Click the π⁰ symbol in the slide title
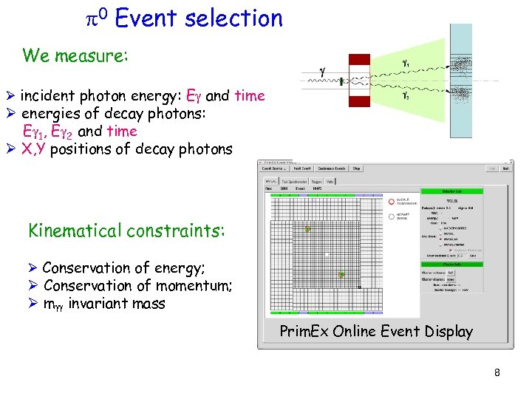[x=98, y=18]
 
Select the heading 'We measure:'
[x=75, y=55]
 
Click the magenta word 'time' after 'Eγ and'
[x=249, y=96]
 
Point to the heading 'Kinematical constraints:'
[x=124, y=231]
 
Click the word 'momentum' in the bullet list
[x=194, y=285]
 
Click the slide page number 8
[x=497, y=373]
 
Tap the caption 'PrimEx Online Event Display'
[x=375, y=331]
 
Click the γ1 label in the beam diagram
[x=406, y=64]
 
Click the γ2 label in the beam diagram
[x=406, y=95]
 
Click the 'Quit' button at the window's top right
[x=506, y=168]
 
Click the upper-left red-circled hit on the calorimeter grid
[x=307, y=230]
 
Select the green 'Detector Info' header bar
[x=451, y=191]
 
